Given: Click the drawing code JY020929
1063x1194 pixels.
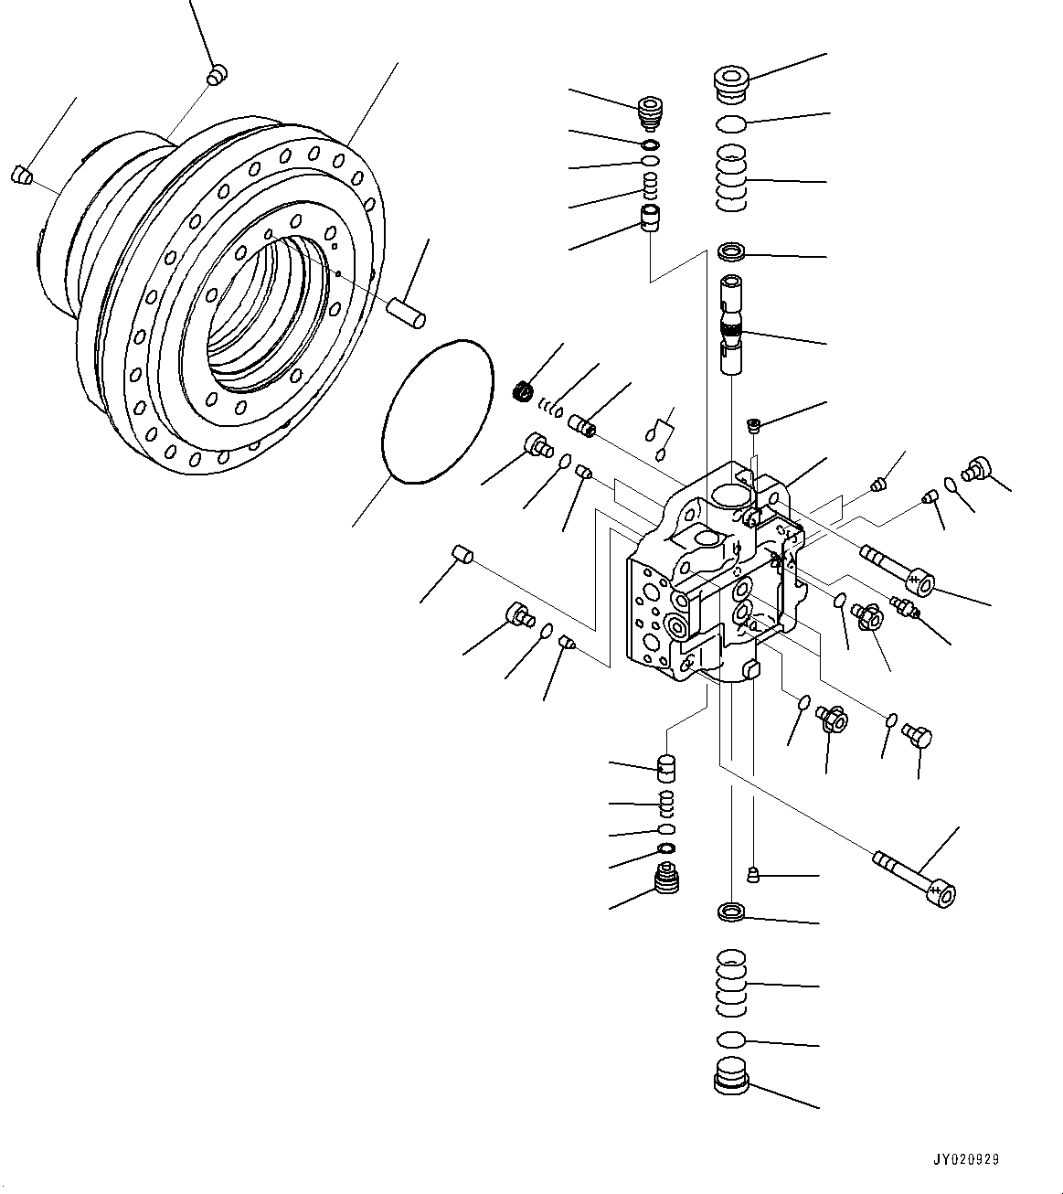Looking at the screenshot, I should tap(966, 1159).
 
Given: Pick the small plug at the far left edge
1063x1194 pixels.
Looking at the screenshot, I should tap(22, 174).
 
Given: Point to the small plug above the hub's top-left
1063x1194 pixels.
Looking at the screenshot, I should tap(217, 76).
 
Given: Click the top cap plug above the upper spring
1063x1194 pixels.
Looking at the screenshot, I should tap(730, 80).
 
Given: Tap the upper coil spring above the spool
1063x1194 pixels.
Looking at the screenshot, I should tap(731, 179).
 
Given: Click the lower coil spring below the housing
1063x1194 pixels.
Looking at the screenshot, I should tap(731, 983).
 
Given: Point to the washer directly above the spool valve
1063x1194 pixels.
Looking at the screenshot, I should tap(731, 251).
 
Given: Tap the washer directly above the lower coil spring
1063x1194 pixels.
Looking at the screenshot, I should tap(731, 911).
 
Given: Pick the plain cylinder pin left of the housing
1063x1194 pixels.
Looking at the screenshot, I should tap(462, 553).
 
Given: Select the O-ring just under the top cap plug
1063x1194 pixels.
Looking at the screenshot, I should tap(731, 123).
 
